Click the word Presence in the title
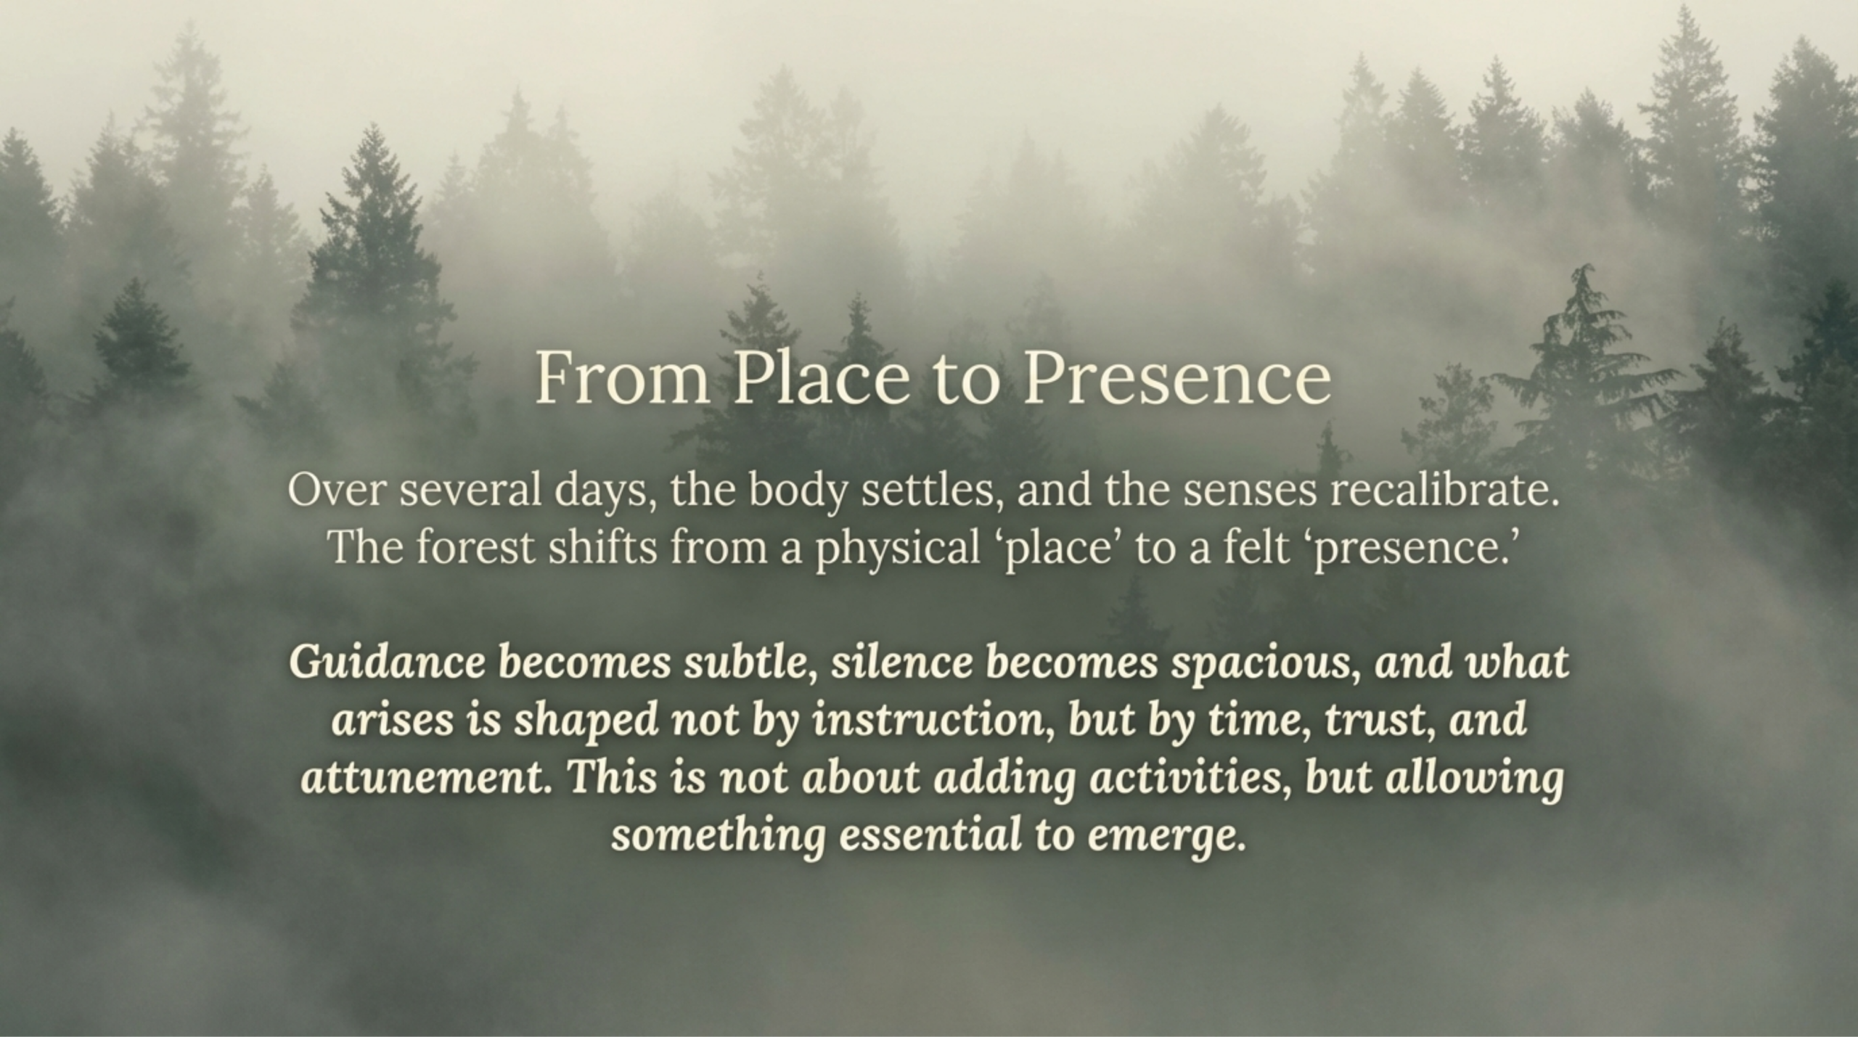tap(1176, 379)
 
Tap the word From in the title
tap(622, 379)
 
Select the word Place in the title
tap(820, 379)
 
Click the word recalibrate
tap(1444, 490)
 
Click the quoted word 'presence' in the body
tap(1408, 548)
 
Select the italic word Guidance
tap(387, 662)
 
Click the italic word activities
tap(1190, 776)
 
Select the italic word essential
tap(930, 834)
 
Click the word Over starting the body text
tap(335, 490)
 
